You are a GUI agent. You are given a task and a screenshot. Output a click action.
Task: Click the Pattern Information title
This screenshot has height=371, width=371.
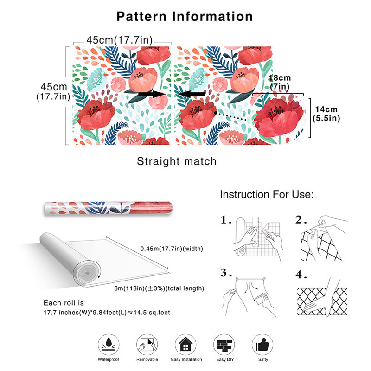tap(185, 17)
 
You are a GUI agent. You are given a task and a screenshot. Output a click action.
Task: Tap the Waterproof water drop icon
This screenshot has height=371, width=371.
tap(109, 345)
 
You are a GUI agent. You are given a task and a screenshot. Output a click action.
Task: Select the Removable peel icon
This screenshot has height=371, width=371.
tap(147, 345)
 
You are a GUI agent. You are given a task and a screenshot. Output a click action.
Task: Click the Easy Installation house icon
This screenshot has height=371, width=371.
tap(185, 345)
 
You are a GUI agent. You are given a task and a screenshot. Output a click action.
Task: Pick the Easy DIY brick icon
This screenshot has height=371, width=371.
tap(224, 345)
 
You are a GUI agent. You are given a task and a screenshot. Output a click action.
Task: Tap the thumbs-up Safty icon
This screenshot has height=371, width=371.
tap(262, 345)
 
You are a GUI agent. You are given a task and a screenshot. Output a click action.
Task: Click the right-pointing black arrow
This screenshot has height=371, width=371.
tap(152, 94)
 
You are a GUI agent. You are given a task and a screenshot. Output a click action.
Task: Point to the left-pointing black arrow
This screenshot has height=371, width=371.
tap(192, 94)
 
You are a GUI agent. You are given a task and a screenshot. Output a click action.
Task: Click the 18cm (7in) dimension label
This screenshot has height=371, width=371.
tap(280, 82)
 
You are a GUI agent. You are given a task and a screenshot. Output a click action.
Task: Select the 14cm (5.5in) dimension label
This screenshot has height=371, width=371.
tap(326, 114)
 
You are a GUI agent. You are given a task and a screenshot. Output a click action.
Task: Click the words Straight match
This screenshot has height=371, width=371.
tap(177, 161)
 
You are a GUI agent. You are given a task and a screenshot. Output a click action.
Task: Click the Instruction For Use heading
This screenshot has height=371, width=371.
tap(267, 194)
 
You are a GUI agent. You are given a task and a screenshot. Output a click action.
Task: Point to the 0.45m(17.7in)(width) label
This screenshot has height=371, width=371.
tap(172, 249)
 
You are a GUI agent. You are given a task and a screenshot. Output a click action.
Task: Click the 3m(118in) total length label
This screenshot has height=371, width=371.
tap(159, 288)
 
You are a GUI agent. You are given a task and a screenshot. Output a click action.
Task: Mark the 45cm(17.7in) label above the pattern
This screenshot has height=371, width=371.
tap(120, 40)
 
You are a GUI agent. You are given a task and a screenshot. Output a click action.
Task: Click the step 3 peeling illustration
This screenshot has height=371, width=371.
tap(249, 297)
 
